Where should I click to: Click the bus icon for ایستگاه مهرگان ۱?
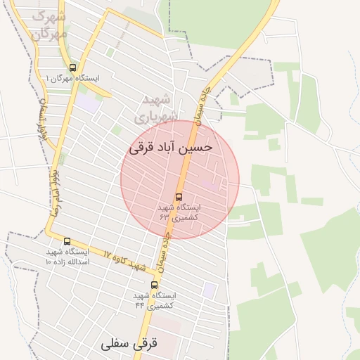[x=73, y=67]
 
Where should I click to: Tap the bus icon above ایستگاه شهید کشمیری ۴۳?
[x=179, y=197]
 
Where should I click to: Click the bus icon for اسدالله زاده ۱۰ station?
[x=67, y=241]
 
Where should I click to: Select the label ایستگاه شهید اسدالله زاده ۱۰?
[x=67, y=256]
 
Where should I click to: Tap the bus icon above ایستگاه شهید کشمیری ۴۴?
[x=155, y=285]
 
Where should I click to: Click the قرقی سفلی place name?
[x=131, y=344]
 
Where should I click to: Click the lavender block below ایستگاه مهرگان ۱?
[x=86, y=102]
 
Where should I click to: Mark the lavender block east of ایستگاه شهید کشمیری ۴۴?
[x=209, y=289]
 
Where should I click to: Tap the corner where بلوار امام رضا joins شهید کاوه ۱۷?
[x=51, y=233]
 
